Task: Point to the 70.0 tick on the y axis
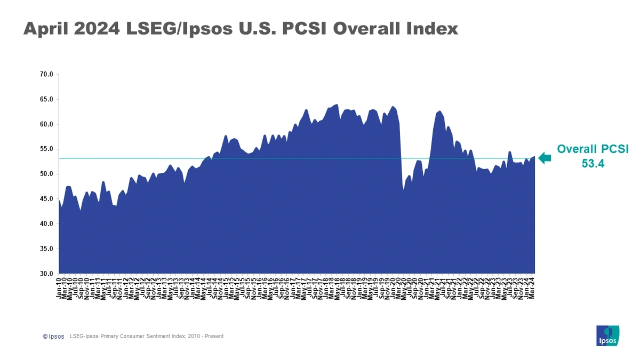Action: click(x=47, y=75)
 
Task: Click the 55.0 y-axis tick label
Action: click(x=47, y=149)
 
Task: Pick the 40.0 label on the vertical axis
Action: click(x=47, y=224)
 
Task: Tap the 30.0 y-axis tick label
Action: click(x=47, y=274)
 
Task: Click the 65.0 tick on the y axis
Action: click(x=47, y=99)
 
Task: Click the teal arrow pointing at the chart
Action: click(x=545, y=158)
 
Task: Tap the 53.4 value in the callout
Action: click(x=593, y=164)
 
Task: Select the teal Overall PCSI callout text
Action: click(x=593, y=150)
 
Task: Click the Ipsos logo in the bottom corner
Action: click(x=607, y=335)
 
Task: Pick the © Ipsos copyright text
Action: click(x=53, y=337)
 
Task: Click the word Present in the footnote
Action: click(x=214, y=337)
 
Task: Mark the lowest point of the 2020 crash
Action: click(x=404, y=190)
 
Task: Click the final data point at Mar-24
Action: click(x=534, y=156)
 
